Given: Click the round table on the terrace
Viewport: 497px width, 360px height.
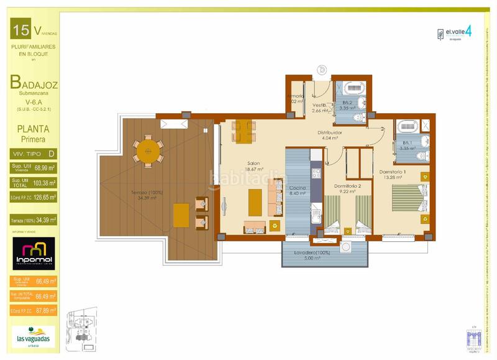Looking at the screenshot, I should pyautogui.click(x=148, y=150).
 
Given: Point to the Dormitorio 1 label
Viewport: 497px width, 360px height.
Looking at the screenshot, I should pyautogui.click(x=393, y=172).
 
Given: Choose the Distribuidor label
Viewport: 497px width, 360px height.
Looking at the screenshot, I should pyautogui.click(x=330, y=132).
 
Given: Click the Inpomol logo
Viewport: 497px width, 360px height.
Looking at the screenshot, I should pyautogui.click(x=34, y=253).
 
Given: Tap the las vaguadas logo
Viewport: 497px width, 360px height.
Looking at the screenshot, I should pyautogui.click(x=34, y=336).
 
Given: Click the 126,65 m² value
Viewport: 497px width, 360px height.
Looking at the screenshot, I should pyautogui.click(x=45, y=198).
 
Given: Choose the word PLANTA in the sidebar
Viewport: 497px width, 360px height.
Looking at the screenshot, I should pyautogui.click(x=34, y=129).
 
